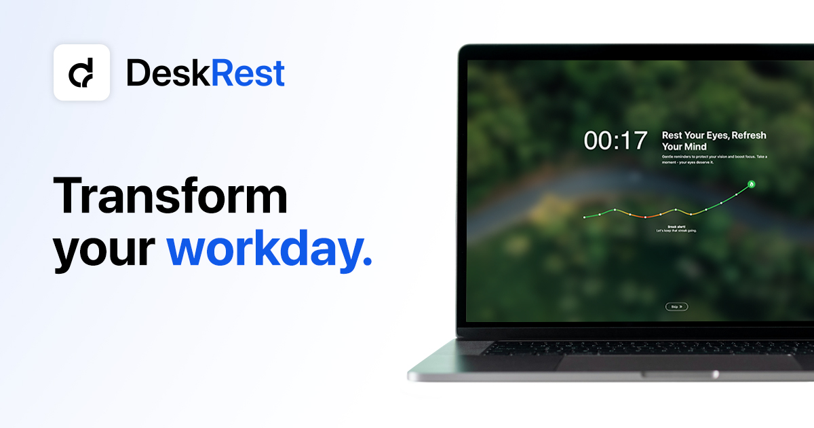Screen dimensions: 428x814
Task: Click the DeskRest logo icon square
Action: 81,73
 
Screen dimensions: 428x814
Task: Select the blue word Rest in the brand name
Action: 248,73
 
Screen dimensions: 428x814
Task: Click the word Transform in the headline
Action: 170,196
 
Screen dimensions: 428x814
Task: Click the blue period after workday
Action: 368,262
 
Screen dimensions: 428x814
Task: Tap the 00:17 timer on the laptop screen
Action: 616,141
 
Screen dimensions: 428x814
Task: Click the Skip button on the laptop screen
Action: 676,306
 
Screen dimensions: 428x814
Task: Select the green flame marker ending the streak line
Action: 752,184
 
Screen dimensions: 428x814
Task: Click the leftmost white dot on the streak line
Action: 584,217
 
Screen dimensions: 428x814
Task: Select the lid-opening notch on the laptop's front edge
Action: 678,374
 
